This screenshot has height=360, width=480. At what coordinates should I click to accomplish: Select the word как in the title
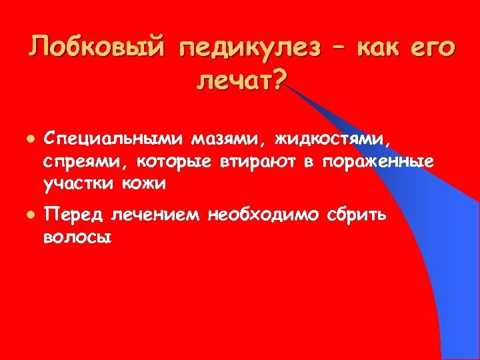point(387,48)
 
